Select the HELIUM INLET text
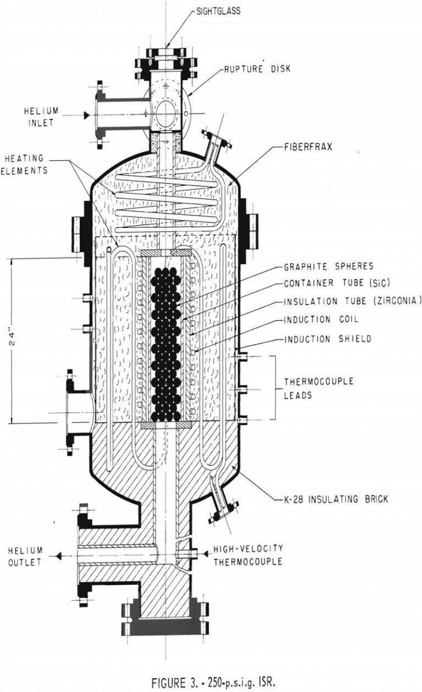click(x=38, y=117)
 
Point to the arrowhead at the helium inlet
click(x=86, y=115)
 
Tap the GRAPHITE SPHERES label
click(x=328, y=267)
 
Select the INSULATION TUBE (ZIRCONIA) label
click(x=352, y=302)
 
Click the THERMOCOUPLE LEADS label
click(x=313, y=387)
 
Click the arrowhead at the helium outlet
click(x=57, y=556)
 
